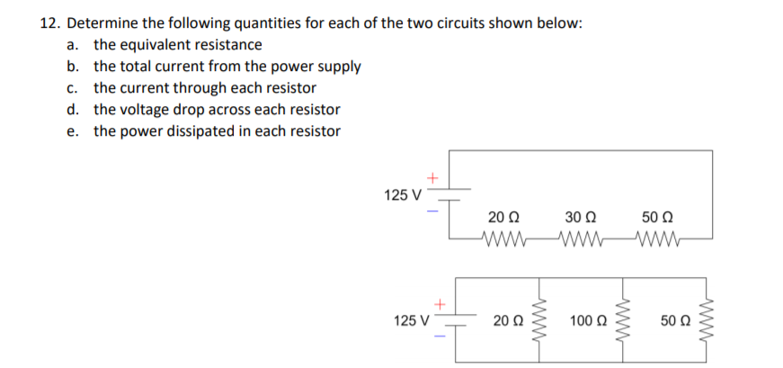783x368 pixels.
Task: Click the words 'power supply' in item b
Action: (319, 67)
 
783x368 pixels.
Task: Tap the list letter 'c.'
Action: (73, 88)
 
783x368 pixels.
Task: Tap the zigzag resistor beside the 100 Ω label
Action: (619, 319)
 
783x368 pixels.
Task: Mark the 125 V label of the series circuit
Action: (402, 195)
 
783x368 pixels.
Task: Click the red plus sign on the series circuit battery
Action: (432, 179)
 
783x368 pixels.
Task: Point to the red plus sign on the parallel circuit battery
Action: (440, 304)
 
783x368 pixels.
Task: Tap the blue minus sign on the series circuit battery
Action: (432, 211)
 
